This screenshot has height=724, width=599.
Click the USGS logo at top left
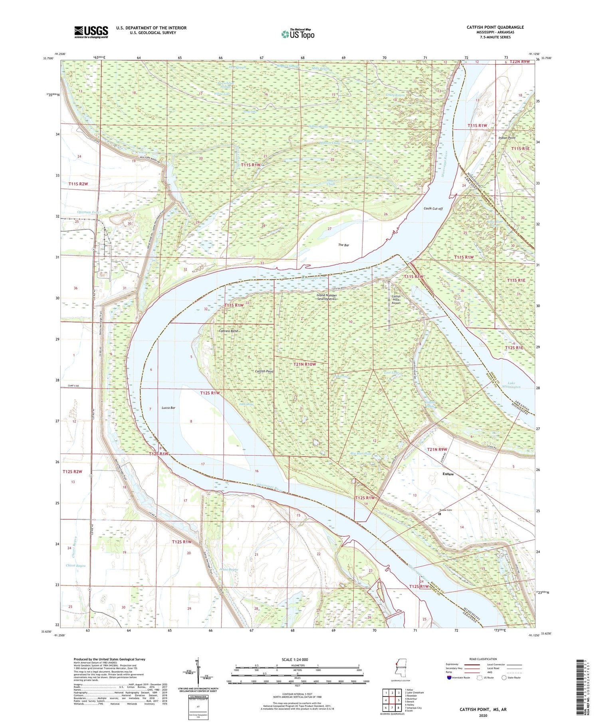point(91,32)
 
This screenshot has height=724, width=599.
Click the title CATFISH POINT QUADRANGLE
point(495,27)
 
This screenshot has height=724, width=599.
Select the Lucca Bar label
point(169,408)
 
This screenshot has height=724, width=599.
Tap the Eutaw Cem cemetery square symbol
point(440,514)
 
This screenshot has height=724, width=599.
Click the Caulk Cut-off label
point(433,208)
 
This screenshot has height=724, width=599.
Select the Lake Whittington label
point(511,385)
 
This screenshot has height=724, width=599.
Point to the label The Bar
point(343,245)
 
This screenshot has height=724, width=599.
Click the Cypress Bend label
point(228,331)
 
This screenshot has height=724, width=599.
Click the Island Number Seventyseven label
point(327,297)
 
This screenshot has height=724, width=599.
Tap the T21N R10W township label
point(304,364)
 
